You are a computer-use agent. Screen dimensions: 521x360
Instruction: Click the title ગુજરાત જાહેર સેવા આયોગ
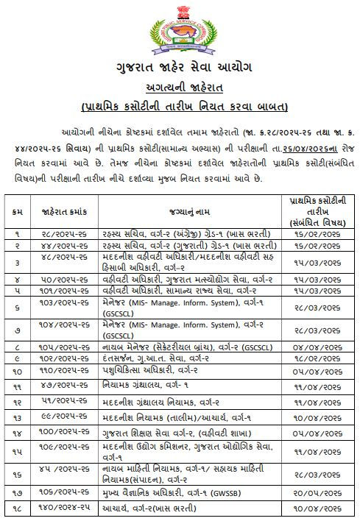(x=180, y=70)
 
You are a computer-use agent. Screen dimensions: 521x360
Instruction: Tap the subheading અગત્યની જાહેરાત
(x=180, y=88)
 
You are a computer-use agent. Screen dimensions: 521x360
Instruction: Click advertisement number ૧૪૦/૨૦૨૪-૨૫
(x=60, y=508)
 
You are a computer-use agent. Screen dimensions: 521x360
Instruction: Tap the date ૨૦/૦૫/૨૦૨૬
(x=317, y=492)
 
